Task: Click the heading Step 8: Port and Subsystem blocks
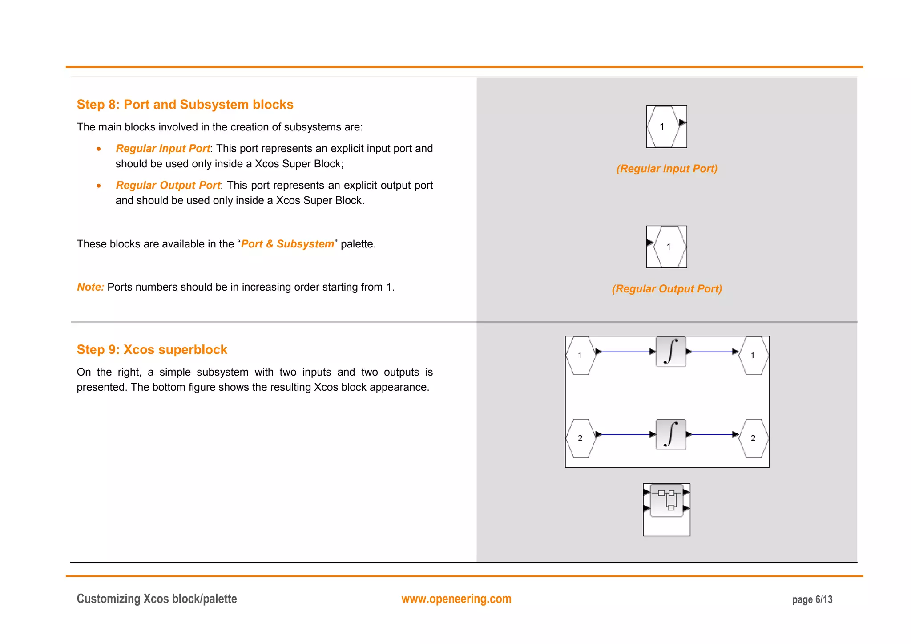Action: click(x=185, y=105)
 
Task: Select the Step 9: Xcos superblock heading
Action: click(x=152, y=350)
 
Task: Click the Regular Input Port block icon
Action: click(x=666, y=127)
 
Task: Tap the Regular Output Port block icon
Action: click(x=666, y=247)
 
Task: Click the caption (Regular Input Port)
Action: click(x=666, y=169)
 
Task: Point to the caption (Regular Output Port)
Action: click(x=666, y=289)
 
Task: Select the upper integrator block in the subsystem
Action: click(x=670, y=352)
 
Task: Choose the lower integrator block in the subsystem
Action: click(x=670, y=435)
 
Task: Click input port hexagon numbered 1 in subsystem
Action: click(x=580, y=356)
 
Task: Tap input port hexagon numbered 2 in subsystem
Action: click(x=580, y=438)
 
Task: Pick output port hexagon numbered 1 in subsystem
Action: click(x=753, y=356)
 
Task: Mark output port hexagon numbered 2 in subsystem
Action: click(x=753, y=438)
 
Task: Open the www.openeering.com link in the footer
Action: click(x=456, y=599)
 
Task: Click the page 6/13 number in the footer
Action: click(x=812, y=600)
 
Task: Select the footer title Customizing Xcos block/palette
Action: click(x=157, y=599)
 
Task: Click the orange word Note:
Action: click(x=90, y=287)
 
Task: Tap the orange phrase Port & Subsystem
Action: click(x=287, y=244)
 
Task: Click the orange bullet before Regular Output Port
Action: click(x=99, y=186)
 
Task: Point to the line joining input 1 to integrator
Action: click(x=625, y=352)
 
